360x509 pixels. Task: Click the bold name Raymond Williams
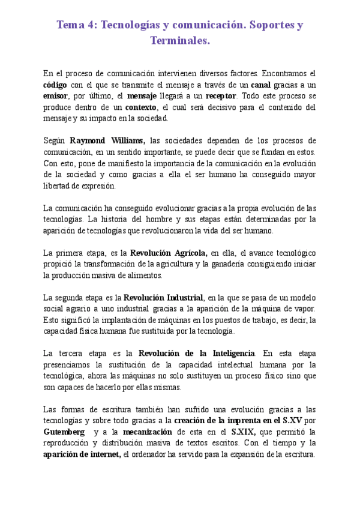(x=112, y=140)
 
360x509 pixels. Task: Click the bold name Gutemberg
(x=64, y=432)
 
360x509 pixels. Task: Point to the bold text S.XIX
(x=244, y=432)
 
